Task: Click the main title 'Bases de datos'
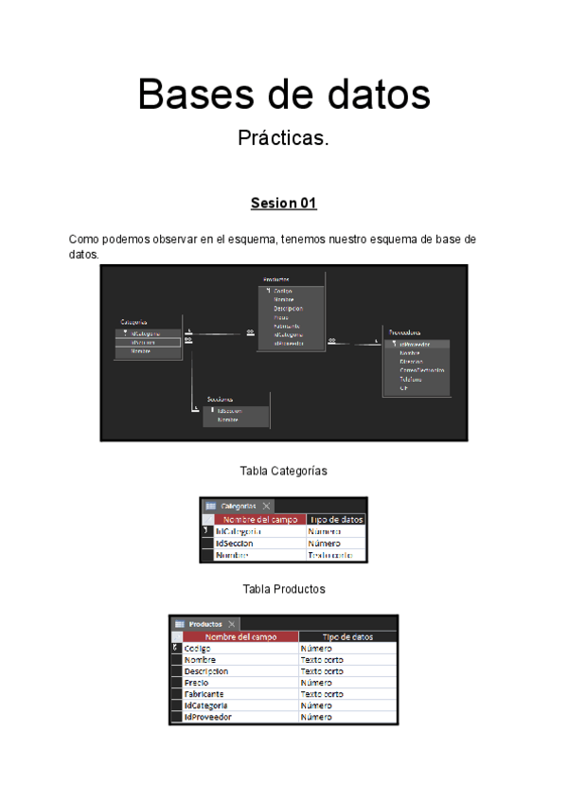[x=283, y=96]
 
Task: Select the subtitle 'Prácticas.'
[x=283, y=138]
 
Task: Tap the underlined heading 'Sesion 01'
[x=283, y=204]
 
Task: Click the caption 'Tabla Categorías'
[x=284, y=471]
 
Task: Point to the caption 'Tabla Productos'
[x=284, y=589]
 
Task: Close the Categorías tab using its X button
[x=267, y=507]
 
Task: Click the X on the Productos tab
[x=232, y=624]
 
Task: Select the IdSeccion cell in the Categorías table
[x=259, y=544]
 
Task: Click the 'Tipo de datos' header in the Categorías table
[x=336, y=520]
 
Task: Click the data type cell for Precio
[x=346, y=683]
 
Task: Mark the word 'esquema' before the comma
[x=251, y=240]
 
